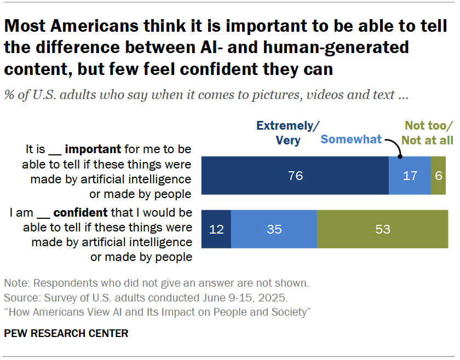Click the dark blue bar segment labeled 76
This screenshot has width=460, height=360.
(x=295, y=176)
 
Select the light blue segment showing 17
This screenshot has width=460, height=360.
(x=410, y=176)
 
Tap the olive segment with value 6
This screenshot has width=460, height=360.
(x=438, y=176)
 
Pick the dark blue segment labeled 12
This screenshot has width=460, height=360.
(x=216, y=229)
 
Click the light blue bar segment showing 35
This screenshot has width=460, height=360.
(x=274, y=229)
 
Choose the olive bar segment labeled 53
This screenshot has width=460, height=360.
(x=382, y=229)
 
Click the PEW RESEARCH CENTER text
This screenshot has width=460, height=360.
(x=66, y=333)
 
